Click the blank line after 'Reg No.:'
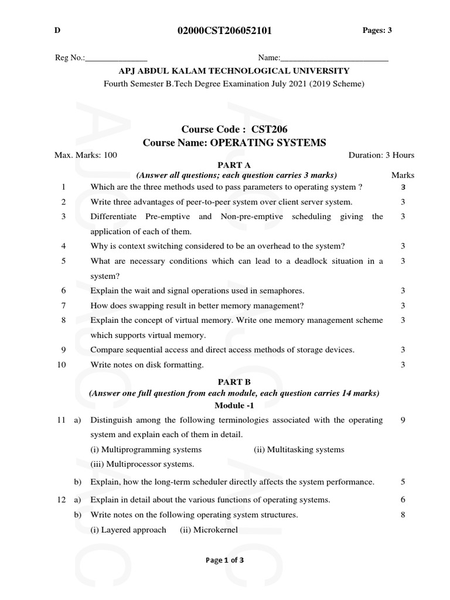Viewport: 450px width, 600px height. tap(117, 59)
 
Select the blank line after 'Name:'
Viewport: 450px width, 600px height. tap(334, 59)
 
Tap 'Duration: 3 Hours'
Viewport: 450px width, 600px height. tap(381, 155)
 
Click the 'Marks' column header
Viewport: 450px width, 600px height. tap(403, 175)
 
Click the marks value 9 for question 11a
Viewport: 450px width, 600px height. tap(403, 420)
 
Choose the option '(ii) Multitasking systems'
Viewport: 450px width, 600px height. tap(299, 449)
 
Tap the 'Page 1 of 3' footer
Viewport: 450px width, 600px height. tap(224, 560)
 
